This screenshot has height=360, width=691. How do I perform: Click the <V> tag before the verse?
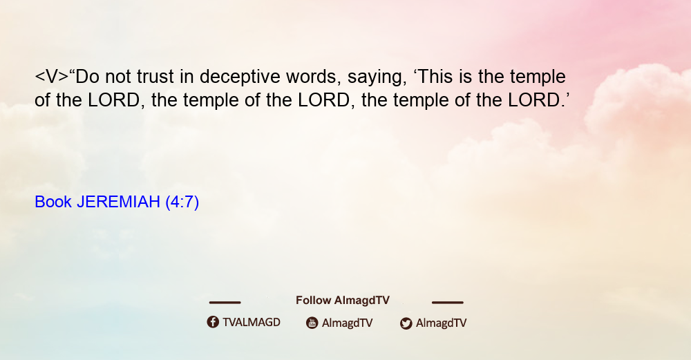tap(52, 77)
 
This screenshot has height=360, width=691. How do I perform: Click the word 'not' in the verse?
tap(117, 77)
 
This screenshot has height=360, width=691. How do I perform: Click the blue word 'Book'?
tap(53, 202)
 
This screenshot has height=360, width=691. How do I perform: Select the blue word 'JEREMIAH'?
tap(118, 202)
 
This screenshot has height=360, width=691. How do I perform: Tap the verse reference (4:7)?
tap(182, 202)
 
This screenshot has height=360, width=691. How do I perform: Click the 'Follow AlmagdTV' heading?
tap(343, 301)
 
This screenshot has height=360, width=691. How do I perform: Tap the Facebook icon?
tap(213, 322)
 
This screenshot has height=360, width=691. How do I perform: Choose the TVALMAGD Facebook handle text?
tap(252, 323)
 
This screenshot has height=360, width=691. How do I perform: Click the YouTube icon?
tap(312, 323)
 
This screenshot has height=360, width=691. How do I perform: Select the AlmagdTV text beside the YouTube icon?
tap(348, 323)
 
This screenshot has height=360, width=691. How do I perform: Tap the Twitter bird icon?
tap(406, 323)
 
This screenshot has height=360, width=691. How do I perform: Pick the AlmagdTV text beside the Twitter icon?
tap(441, 323)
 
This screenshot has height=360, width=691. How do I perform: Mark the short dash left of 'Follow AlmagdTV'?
tap(225, 303)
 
